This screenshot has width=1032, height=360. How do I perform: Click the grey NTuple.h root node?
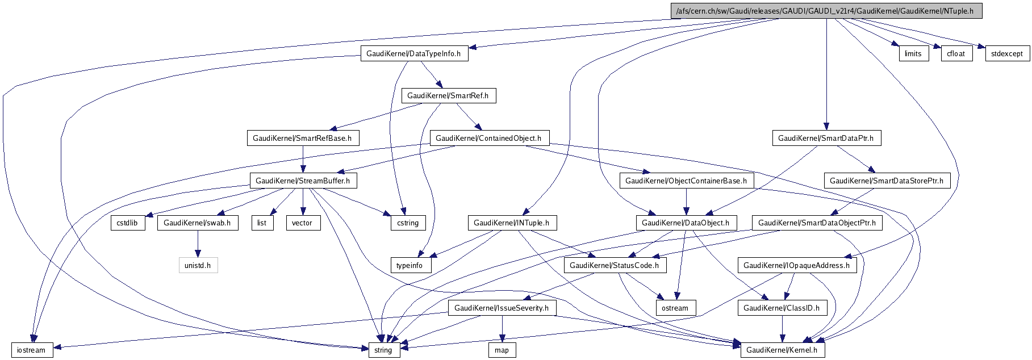tap(826, 11)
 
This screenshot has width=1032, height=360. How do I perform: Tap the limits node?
tap(913, 54)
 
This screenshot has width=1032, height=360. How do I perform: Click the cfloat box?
tap(956, 54)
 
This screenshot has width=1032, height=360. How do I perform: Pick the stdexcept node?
tap(1006, 54)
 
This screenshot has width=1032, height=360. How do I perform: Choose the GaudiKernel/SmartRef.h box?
tap(448, 96)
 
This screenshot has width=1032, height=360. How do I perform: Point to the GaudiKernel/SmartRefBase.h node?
tap(302, 138)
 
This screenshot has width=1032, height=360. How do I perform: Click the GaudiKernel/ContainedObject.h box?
tap(488, 138)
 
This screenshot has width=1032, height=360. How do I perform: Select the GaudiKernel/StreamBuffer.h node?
tap(303, 181)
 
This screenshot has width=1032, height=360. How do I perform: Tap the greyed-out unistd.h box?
tap(198, 265)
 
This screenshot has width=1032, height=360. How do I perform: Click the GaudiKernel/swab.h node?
tap(197, 223)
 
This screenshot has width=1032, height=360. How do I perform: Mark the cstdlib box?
tap(127, 223)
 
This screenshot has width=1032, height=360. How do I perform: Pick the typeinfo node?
tap(410, 265)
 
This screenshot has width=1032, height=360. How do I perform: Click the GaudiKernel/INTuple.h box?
tap(511, 223)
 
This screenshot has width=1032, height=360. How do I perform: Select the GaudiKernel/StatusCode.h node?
tap(614, 265)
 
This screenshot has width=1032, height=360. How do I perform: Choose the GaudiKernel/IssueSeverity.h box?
tap(502, 308)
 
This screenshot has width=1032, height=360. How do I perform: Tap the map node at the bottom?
tap(502, 350)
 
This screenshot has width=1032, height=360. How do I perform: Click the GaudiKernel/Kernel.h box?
tap(782, 350)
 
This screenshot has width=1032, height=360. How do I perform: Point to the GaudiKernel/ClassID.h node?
tap(782, 308)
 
